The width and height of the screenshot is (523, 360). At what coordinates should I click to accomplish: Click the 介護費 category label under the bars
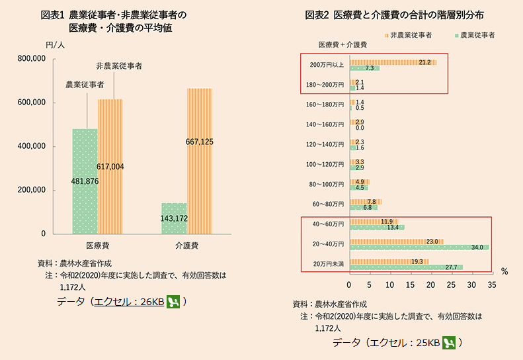pyautogui.click(x=187, y=245)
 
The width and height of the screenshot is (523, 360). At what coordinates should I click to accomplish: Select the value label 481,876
pyautogui.click(x=85, y=181)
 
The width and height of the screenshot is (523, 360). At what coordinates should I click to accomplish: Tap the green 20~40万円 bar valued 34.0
pyautogui.click(x=419, y=247)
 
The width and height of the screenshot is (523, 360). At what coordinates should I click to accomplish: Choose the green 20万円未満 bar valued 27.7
pyautogui.click(x=405, y=267)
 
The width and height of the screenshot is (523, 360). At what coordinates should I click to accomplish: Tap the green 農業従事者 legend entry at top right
pyautogui.click(x=474, y=34)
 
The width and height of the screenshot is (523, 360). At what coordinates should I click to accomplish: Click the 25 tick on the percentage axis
pyautogui.click(x=452, y=285)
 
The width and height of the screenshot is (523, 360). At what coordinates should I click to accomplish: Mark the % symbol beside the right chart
pyautogui.click(x=504, y=271)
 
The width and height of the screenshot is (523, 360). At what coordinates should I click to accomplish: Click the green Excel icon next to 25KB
pyautogui.click(x=449, y=343)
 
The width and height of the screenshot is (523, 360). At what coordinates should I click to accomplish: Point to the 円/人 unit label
pyautogui.click(x=56, y=45)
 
